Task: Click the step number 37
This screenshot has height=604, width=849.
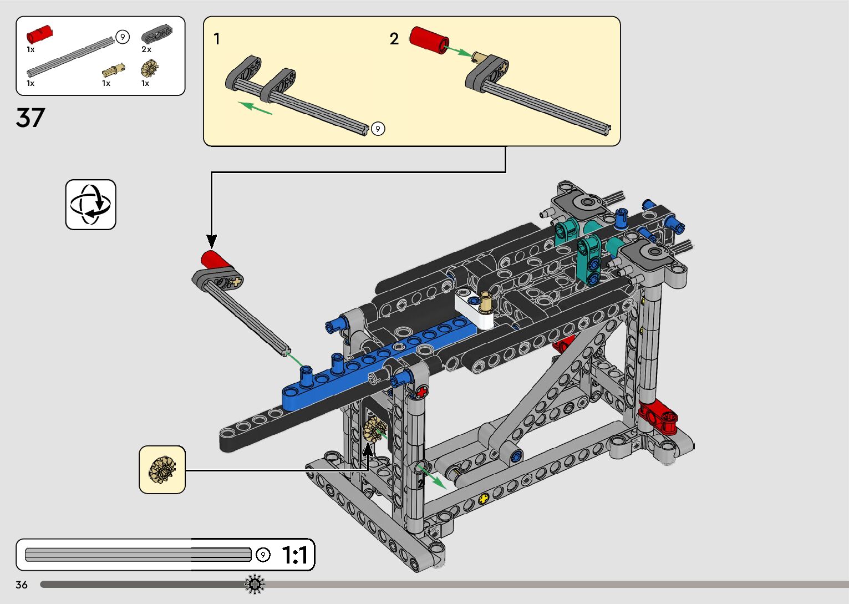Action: pyautogui.click(x=30, y=118)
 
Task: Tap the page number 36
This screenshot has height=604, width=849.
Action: pyautogui.click(x=22, y=585)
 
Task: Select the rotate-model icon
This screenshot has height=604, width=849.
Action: pyautogui.click(x=90, y=204)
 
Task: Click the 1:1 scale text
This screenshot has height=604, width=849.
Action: pyautogui.click(x=295, y=555)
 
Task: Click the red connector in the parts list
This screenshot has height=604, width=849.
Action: pyautogui.click(x=39, y=34)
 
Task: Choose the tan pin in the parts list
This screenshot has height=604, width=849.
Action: pyautogui.click(x=114, y=70)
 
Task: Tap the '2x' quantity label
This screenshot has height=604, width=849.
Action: pyautogui.click(x=146, y=49)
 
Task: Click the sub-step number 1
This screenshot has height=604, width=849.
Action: pyautogui.click(x=217, y=39)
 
